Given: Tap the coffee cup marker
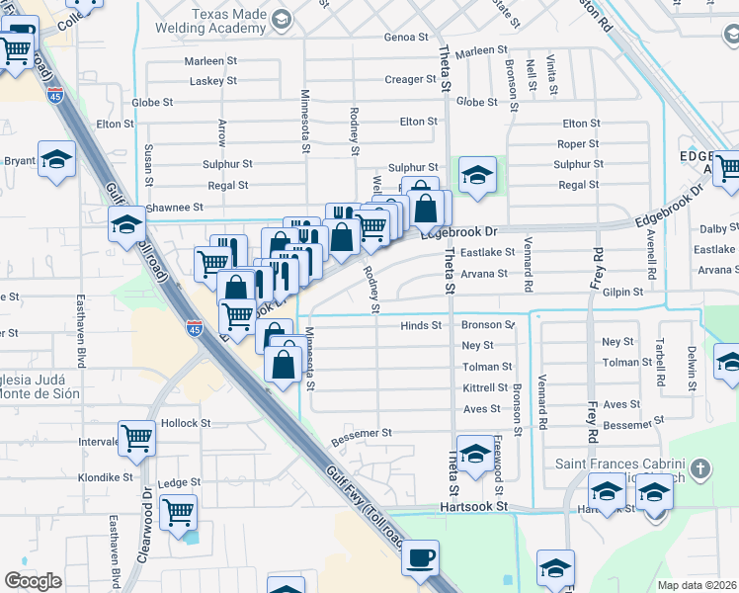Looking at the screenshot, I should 421,558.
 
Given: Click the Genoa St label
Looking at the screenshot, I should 406,38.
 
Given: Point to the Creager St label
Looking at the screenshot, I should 404,79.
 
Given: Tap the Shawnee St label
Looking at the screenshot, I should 174,208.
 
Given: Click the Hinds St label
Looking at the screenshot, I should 421,325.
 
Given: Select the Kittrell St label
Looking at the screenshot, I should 485,387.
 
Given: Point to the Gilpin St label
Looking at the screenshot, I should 622,293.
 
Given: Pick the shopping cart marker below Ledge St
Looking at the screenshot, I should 178,514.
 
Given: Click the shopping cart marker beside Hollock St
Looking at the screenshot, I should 136,439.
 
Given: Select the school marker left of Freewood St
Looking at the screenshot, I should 474,454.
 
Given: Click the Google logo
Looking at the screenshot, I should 33,581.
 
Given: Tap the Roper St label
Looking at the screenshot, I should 578,144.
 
